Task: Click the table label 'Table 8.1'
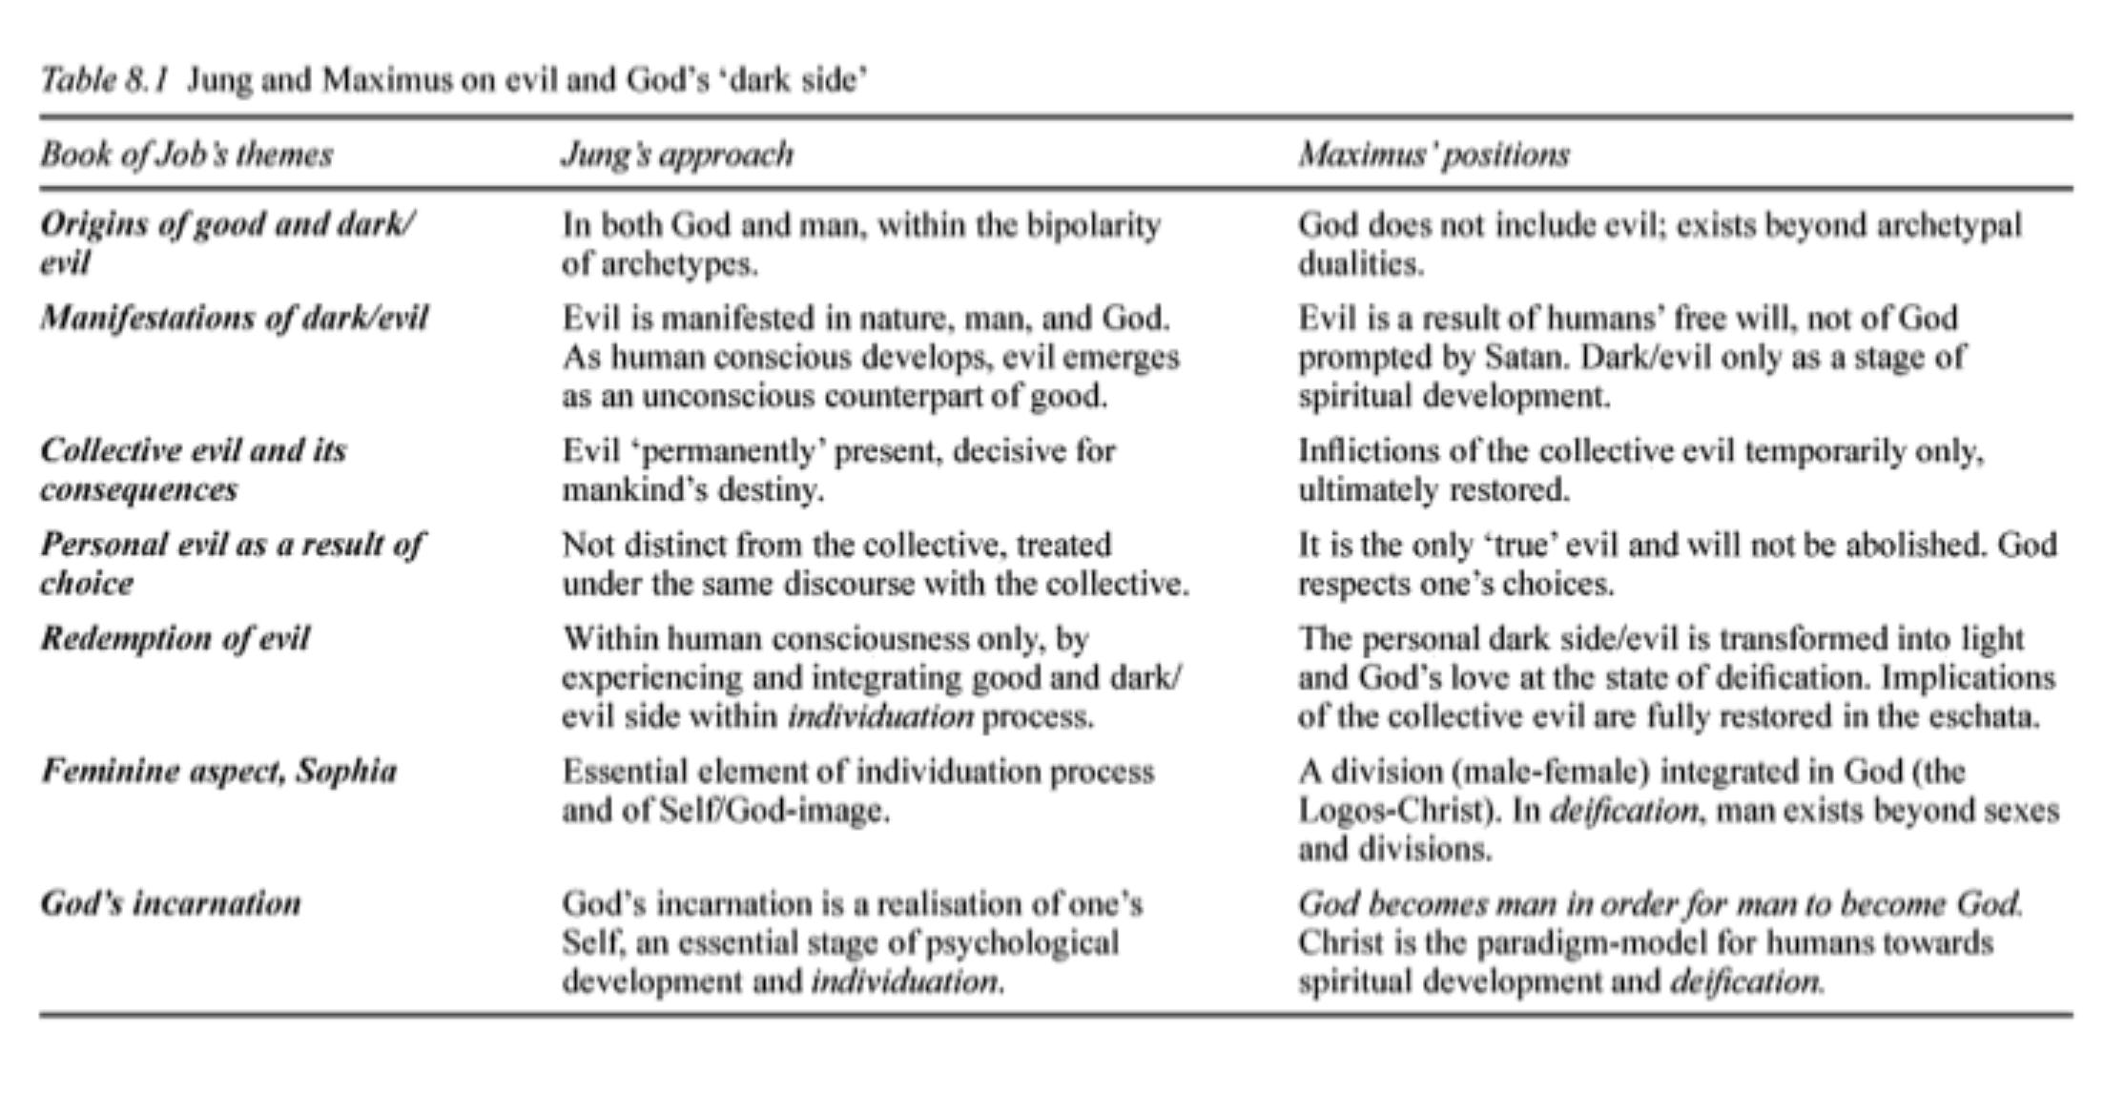point(104,80)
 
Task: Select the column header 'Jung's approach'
point(677,155)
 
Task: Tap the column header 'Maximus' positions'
point(1434,155)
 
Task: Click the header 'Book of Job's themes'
point(186,155)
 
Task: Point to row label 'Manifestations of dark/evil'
point(234,318)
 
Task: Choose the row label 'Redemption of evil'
point(175,638)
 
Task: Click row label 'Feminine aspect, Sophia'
point(218,771)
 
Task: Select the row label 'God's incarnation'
point(170,902)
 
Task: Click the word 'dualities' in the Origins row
point(1360,264)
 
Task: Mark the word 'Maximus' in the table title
point(386,80)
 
